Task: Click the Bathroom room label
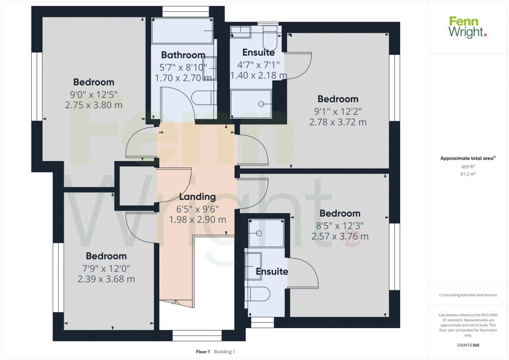coord(183,55)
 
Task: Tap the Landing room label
coord(197,197)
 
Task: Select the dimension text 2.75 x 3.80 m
coord(94,105)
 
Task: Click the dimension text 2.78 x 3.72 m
coord(338,122)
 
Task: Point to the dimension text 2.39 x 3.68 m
coord(106,279)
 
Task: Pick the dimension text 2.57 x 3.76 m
coord(340,236)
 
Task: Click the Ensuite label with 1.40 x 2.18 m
coord(258,52)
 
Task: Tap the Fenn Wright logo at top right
coord(468,27)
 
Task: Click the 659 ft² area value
coord(468,167)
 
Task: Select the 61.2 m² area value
coord(468,174)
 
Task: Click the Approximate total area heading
coord(468,159)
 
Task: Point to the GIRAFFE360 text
coord(468,345)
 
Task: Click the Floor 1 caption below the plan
coord(203,352)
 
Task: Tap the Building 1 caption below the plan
coord(224,352)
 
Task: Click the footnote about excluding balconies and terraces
coord(468,295)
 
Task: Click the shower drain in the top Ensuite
coord(261,104)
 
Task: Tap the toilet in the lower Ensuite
coord(258,294)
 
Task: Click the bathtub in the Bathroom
coord(182,31)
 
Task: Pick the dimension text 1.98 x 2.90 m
coord(197,220)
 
